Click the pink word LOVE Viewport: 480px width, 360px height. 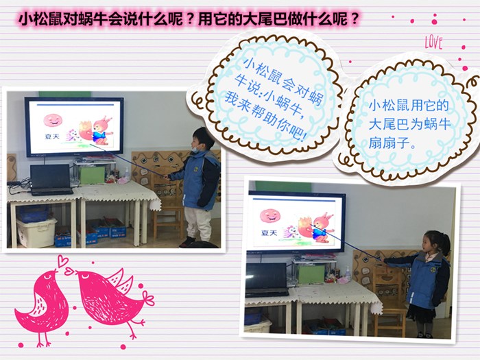click(433, 43)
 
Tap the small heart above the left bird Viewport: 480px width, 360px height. click(63, 260)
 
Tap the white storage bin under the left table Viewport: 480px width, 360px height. click(36, 232)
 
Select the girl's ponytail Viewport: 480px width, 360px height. click(446, 243)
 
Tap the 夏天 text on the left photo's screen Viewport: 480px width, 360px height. click(52, 136)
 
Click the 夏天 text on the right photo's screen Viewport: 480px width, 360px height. click(269, 233)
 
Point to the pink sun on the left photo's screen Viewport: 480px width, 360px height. click(53, 120)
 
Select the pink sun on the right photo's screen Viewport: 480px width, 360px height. click(270, 216)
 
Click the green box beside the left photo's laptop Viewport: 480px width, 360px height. click(92, 176)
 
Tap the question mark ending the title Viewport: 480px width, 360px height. click(354, 19)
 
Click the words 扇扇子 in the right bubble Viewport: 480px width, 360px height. click(389, 143)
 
